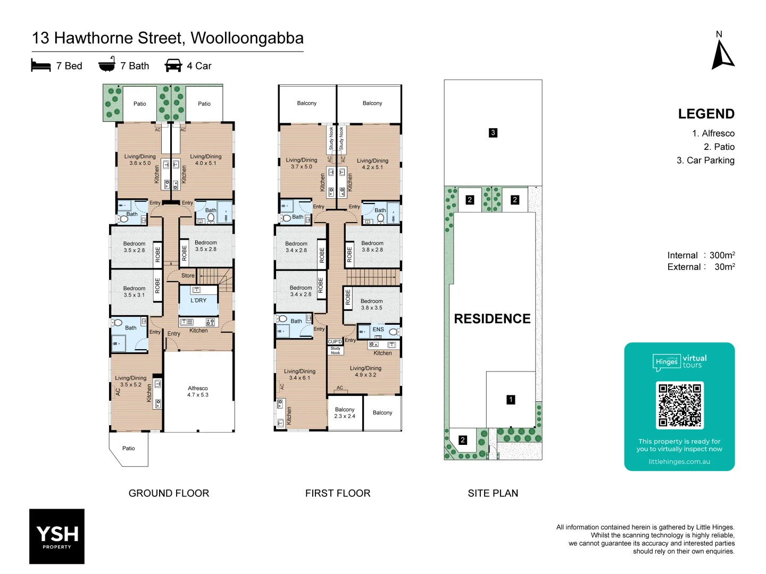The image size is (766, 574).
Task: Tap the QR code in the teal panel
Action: (x=679, y=405)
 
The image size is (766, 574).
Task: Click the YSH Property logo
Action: (x=57, y=536)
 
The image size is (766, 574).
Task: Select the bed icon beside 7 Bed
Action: (x=41, y=65)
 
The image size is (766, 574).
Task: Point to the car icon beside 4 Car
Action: (x=173, y=65)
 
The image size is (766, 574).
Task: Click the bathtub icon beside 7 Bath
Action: (x=107, y=64)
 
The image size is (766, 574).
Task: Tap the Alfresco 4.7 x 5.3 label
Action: (x=198, y=392)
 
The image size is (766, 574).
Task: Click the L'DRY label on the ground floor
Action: (x=198, y=300)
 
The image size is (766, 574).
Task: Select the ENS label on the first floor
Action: (x=378, y=330)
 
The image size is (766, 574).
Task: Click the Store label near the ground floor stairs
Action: (x=188, y=276)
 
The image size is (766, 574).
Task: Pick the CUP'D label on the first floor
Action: (x=335, y=342)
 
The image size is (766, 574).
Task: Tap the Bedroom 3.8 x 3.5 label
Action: (x=371, y=305)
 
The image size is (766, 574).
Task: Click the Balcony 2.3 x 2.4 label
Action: (x=345, y=413)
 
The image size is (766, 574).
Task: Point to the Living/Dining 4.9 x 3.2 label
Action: (x=365, y=372)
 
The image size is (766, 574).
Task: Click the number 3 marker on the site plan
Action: (x=493, y=132)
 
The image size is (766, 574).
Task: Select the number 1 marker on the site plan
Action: (x=511, y=400)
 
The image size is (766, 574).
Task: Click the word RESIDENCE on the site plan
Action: (x=492, y=319)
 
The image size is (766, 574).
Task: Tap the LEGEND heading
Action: (x=706, y=114)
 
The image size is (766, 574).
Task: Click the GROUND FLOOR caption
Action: (x=169, y=493)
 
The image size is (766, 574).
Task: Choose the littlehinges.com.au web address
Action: (x=679, y=462)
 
